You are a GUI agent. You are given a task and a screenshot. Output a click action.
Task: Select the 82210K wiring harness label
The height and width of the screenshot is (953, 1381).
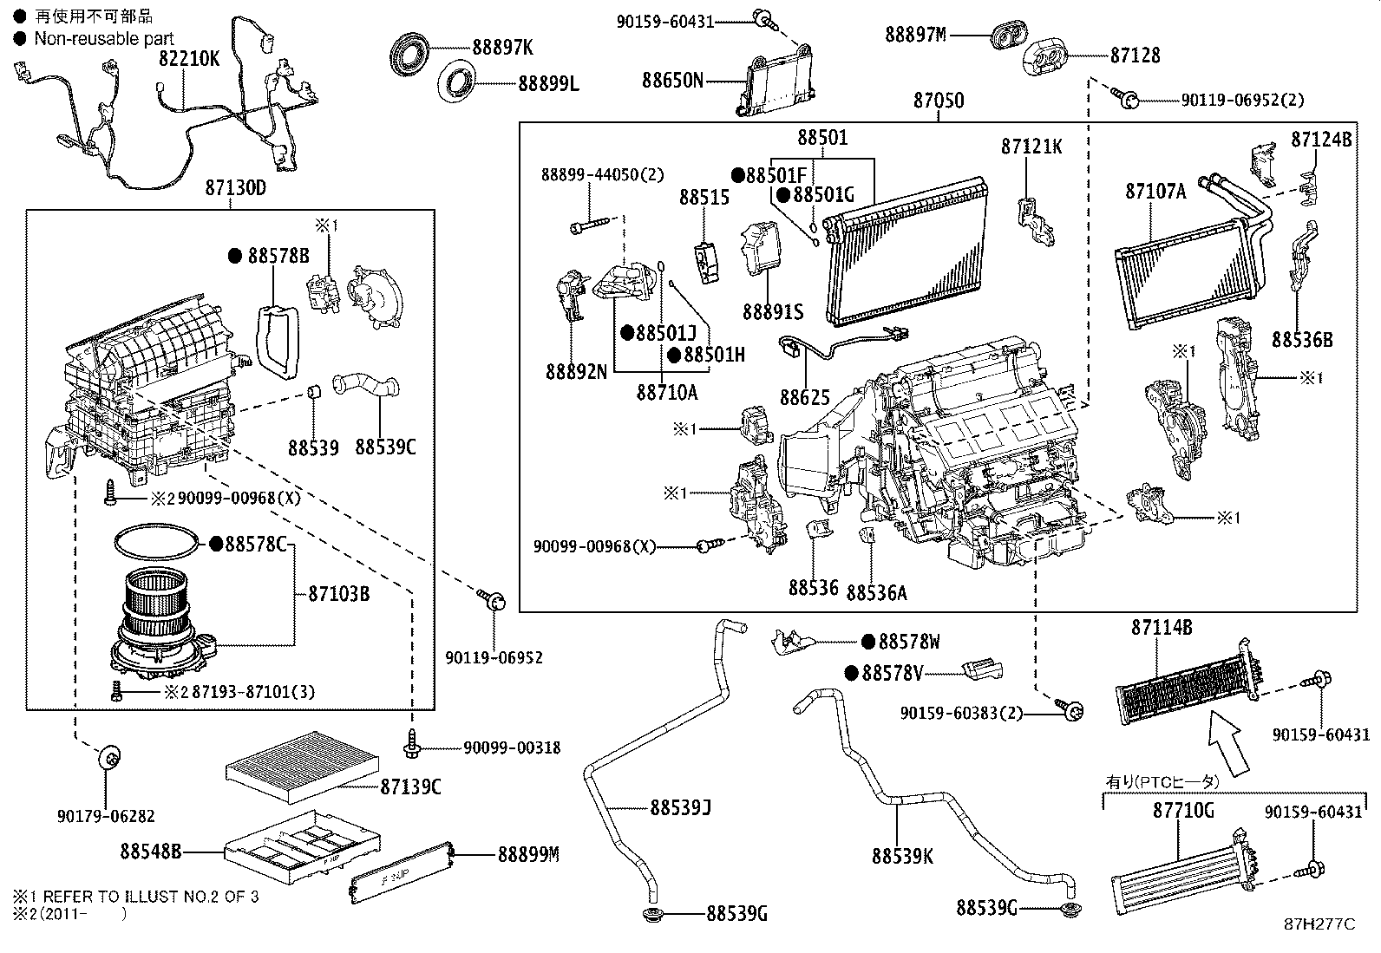tap(188, 60)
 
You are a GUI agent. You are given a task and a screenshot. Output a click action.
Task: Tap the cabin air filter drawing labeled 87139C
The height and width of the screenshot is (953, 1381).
tap(301, 760)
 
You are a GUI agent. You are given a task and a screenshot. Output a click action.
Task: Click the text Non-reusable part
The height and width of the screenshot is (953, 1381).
tap(103, 39)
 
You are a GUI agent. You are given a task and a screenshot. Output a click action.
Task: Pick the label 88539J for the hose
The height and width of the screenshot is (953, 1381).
tap(680, 807)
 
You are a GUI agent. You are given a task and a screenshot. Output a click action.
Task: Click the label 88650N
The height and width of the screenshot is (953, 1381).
tap(671, 81)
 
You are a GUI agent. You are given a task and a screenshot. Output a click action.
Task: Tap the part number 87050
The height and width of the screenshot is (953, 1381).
tap(937, 101)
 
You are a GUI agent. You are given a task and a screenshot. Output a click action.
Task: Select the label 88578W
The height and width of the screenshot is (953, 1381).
tap(908, 642)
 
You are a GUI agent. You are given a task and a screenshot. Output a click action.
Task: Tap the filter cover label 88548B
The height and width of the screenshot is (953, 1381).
tap(151, 852)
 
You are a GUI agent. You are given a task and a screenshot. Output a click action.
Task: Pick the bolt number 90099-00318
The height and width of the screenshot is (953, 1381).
tap(511, 747)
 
